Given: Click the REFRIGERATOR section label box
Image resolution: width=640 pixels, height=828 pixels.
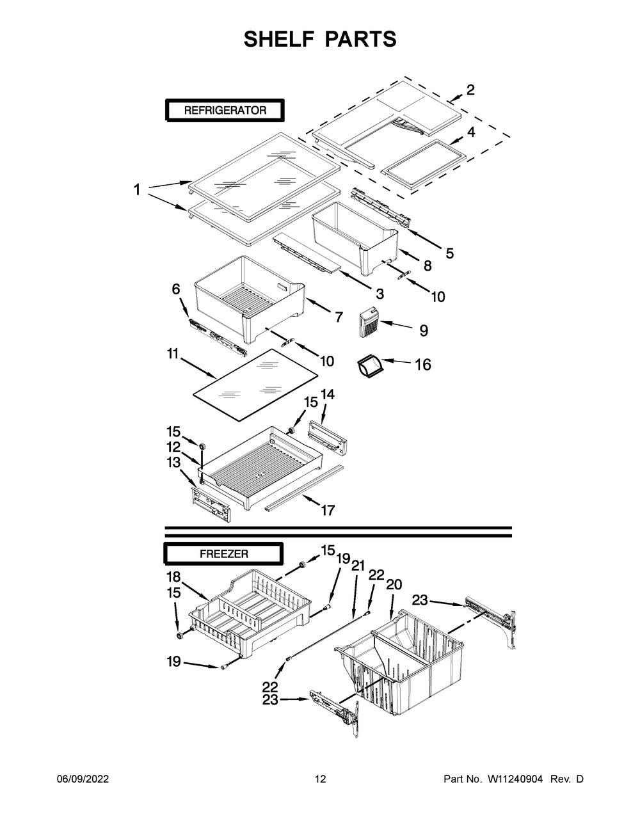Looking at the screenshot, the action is (x=225, y=110).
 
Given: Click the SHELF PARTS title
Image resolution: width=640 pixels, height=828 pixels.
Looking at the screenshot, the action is (x=320, y=39).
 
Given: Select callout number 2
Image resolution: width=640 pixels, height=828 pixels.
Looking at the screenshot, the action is (x=470, y=90).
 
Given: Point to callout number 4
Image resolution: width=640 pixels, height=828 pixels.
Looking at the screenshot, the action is (x=471, y=132).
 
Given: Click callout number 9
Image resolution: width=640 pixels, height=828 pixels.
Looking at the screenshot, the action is (x=424, y=330).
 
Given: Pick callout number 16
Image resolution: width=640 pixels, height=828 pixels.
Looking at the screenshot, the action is (x=423, y=365).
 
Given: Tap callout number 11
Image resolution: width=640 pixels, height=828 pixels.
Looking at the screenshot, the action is (x=173, y=354).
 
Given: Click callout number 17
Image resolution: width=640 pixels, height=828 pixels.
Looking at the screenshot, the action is (x=328, y=510).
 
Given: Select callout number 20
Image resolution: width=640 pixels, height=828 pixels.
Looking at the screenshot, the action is (x=394, y=584).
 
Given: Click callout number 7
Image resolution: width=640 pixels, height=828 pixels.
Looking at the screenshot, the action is (x=339, y=317).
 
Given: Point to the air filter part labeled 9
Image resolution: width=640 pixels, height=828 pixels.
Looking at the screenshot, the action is (x=369, y=322).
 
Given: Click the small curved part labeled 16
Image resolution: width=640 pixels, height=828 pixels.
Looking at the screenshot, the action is (x=370, y=366).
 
